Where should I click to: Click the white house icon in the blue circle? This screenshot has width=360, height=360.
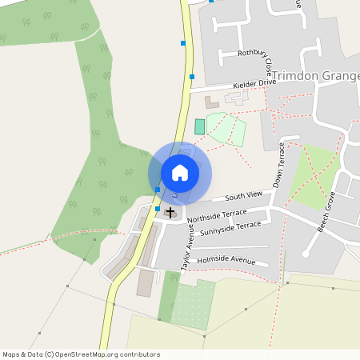[180, 173]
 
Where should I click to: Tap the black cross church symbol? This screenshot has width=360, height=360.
[170, 212]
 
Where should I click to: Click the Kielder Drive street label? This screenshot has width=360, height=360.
[254, 82]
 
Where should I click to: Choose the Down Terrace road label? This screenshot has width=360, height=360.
[279, 165]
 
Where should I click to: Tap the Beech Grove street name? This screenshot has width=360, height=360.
[329, 212]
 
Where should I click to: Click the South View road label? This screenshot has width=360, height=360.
[243, 196]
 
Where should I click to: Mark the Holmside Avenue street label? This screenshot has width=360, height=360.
[226, 260]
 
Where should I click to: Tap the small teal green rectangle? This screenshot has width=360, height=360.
[199, 126]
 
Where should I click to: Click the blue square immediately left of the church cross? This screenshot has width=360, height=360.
[158, 208]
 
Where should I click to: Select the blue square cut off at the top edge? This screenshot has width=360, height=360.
[211, 1]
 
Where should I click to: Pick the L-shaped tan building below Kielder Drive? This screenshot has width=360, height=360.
[211, 102]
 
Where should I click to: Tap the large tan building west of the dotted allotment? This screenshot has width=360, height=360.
[145, 282]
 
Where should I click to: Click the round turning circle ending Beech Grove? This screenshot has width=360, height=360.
[305, 254]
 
